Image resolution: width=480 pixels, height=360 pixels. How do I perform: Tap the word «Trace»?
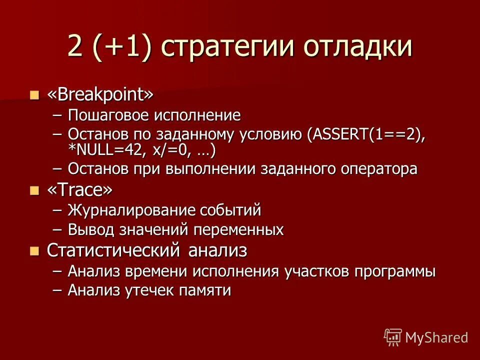tap(80, 190)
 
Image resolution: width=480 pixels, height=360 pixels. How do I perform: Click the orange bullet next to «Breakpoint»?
tap(34, 94)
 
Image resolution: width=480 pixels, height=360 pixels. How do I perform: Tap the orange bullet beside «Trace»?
tap(34, 190)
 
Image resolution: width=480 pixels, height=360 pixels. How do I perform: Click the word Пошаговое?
tap(101, 116)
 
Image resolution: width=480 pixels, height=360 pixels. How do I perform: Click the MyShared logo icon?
tap(393, 337)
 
